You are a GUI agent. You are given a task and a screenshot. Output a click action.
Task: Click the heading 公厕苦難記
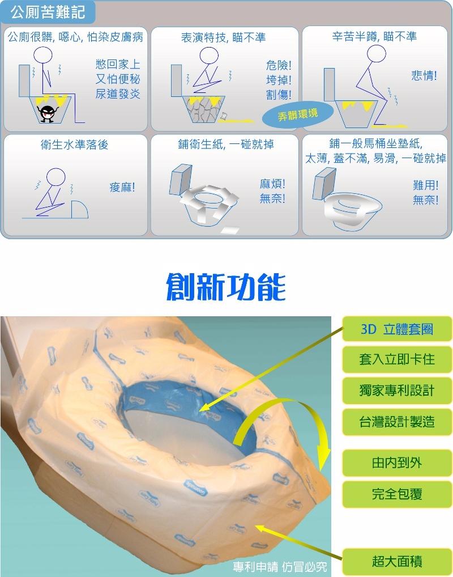click(x=48, y=12)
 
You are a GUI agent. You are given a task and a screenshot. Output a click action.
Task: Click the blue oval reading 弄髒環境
click(x=297, y=114)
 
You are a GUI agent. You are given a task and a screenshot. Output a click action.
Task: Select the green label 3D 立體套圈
click(x=397, y=329)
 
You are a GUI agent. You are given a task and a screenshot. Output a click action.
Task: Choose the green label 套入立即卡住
click(x=397, y=359)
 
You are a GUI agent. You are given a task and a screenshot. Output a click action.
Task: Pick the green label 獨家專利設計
click(x=397, y=391)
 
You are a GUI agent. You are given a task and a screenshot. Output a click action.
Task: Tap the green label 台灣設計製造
click(x=397, y=422)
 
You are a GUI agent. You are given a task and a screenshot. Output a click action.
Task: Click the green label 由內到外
click(x=397, y=463)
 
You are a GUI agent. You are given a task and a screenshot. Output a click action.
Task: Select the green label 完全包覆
click(x=397, y=494)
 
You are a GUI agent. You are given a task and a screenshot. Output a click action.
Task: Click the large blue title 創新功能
click(x=226, y=287)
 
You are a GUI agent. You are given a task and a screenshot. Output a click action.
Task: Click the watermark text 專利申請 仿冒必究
click(x=280, y=567)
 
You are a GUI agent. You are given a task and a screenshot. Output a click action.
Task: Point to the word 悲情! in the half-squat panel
click(x=424, y=76)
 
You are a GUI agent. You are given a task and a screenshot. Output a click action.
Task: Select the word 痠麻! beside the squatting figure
click(x=122, y=187)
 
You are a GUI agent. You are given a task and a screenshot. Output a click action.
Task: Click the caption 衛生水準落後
click(x=74, y=145)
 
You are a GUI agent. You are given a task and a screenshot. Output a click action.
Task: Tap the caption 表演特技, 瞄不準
click(x=223, y=37)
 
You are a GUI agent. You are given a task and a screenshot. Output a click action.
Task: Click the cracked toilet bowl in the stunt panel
click(x=203, y=108)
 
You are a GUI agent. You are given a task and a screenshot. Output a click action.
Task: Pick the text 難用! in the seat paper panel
click(x=425, y=185)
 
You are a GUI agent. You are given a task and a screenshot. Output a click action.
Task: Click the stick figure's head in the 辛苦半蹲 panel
click(x=377, y=54)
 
